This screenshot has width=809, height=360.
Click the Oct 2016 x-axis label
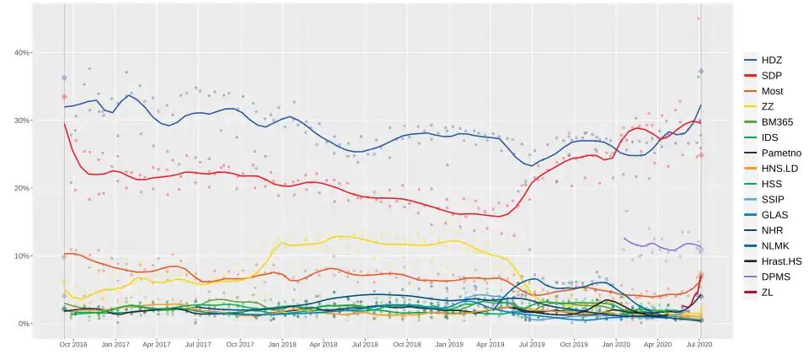click(73, 344)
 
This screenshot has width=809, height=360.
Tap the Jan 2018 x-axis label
click(282, 344)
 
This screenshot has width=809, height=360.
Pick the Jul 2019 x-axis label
click(532, 344)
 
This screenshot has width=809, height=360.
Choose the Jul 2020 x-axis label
click(699, 344)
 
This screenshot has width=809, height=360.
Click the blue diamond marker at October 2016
click(64, 78)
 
